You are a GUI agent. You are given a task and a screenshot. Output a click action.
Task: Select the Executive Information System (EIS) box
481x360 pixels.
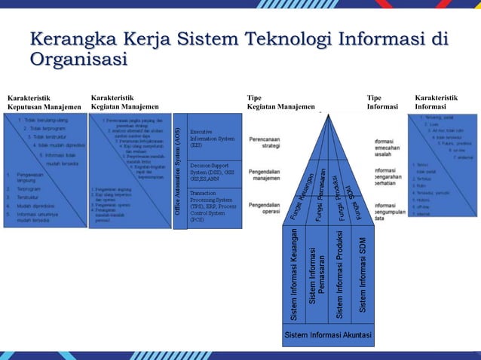pos(213,137)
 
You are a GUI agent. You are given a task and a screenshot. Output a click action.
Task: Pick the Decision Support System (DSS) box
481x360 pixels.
pos(213,172)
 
